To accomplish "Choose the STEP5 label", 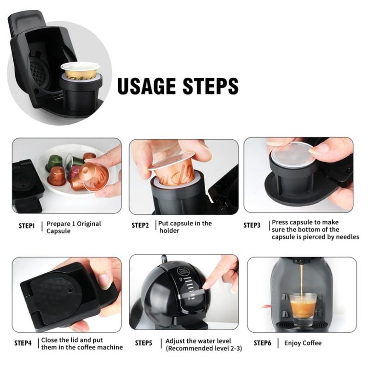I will click(x=144, y=343).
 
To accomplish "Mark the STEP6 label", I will click(x=263, y=343).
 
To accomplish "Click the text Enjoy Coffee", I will click(x=303, y=343).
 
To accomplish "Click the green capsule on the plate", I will click(x=55, y=161).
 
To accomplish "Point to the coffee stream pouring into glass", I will click(x=302, y=281).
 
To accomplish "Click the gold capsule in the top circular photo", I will click(x=80, y=69).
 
